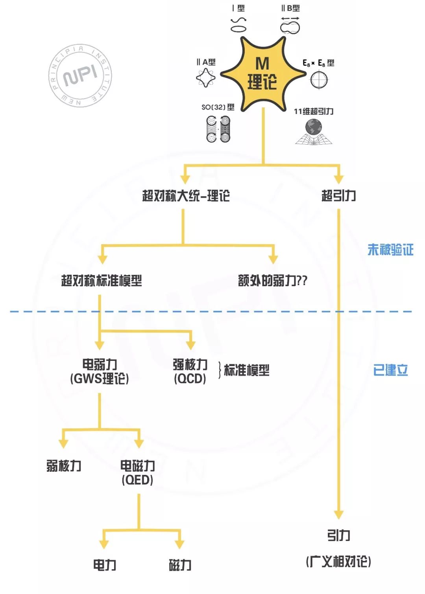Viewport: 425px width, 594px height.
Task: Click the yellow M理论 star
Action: click(262, 74)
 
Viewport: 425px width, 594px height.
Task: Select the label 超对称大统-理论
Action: click(186, 195)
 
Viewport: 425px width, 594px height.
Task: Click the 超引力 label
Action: click(338, 195)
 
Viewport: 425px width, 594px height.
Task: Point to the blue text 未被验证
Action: click(390, 250)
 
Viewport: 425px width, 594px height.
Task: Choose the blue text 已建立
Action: click(390, 370)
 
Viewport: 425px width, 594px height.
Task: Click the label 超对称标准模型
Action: click(102, 281)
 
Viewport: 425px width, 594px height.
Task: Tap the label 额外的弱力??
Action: click(272, 281)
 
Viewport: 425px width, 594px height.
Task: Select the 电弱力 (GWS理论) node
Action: click(100, 371)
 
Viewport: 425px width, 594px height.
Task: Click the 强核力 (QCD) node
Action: click(190, 371)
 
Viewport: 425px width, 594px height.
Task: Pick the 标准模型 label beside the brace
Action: click(247, 370)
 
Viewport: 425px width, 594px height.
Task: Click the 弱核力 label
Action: click(64, 466)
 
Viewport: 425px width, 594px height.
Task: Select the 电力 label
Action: click(105, 565)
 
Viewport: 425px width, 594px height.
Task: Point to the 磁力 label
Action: click(180, 565)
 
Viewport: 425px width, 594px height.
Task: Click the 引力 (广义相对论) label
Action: click(338, 548)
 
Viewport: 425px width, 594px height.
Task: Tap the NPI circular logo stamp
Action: click(80, 75)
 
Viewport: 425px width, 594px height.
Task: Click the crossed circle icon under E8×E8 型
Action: click(319, 80)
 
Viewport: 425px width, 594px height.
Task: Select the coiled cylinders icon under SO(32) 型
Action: click(218, 129)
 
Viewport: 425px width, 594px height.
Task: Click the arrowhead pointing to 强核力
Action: click(191, 345)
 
